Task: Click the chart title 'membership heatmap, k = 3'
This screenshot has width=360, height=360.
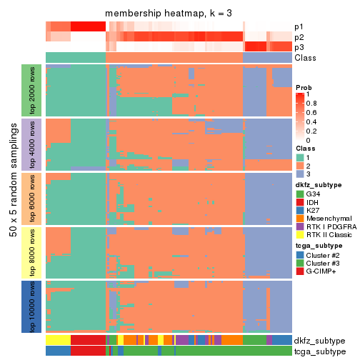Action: (169, 14)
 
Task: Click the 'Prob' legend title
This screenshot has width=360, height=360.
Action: (304, 87)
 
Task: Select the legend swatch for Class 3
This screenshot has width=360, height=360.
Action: (300, 174)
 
